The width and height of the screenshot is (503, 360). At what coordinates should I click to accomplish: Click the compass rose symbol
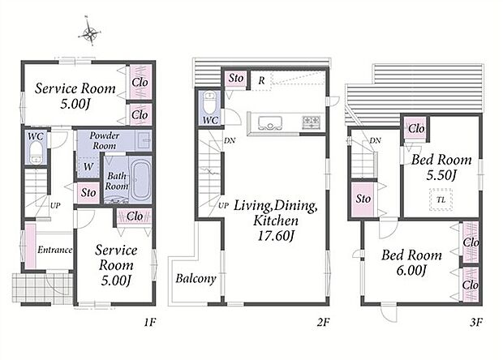coord(90,32)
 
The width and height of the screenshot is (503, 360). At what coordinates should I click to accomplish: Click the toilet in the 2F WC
coord(210,102)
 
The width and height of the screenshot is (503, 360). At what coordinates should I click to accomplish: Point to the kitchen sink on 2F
coord(270,122)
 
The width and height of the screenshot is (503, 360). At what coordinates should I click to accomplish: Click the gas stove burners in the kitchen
coord(312,122)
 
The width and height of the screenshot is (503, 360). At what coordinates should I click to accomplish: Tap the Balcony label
coord(196,278)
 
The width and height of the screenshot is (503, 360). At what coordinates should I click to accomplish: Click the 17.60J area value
coord(276,236)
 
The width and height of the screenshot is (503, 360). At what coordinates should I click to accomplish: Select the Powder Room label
coord(105,140)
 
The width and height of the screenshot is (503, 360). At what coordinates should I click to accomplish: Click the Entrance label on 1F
coord(55,250)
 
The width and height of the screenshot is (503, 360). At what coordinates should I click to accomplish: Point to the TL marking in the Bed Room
coord(441,199)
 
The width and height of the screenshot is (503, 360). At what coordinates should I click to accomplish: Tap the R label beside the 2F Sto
coord(262,81)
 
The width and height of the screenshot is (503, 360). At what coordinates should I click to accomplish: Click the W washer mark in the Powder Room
coord(88,167)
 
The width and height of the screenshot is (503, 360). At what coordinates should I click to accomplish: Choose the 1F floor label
coord(149,322)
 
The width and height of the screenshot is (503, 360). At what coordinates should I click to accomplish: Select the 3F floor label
coord(476,322)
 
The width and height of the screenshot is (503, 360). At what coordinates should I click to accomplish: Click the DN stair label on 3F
coord(375,140)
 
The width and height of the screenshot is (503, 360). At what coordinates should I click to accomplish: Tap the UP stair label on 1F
coord(55,205)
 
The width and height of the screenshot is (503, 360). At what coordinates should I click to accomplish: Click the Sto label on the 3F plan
coord(363,199)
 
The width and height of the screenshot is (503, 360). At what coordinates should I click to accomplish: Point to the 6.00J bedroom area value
coord(411,270)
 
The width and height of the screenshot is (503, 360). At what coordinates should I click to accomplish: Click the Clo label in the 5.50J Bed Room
coord(416,129)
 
